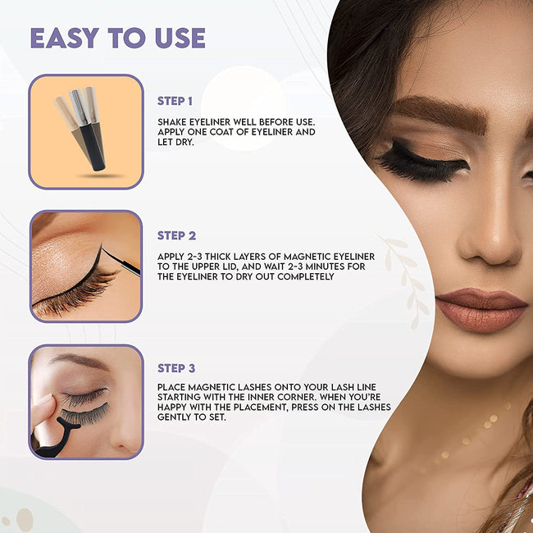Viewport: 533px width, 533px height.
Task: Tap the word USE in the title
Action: (x=180, y=38)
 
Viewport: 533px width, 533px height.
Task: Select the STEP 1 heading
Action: (x=175, y=101)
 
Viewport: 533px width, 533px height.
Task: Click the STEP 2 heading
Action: (x=176, y=235)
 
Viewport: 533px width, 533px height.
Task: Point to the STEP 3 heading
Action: (x=176, y=368)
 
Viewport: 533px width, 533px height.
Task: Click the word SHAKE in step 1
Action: (x=172, y=122)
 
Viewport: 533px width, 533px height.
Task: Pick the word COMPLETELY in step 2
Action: (x=306, y=276)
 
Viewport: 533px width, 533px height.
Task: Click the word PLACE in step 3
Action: (x=171, y=387)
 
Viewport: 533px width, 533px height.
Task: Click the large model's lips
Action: (x=481, y=309)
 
